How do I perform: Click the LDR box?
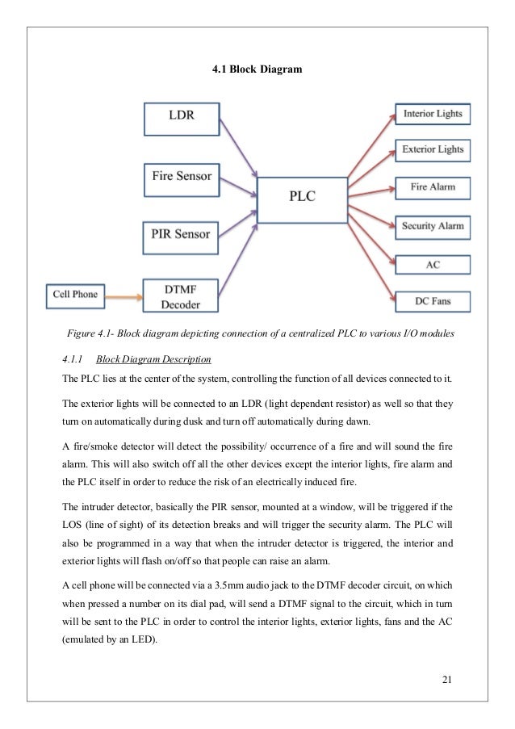(181, 118)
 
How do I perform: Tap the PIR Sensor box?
(181, 235)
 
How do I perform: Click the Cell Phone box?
(75, 294)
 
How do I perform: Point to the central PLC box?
(303, 197)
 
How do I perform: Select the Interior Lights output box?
(433, 114)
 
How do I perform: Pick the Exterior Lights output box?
(433, 149)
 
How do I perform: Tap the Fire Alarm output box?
(433, 187)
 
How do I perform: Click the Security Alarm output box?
(433, 226)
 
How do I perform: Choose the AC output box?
(433, 264)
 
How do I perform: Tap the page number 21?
(447, 677)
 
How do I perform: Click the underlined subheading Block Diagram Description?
(153, 358)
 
